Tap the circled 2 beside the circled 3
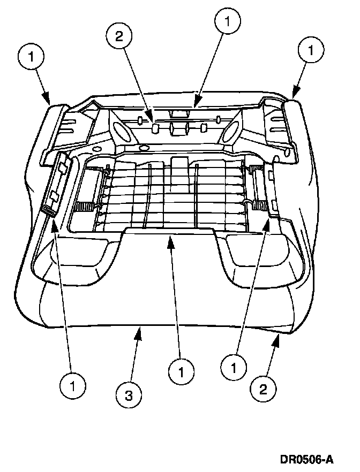coord(263,389)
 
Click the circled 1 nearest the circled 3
coord(181,370)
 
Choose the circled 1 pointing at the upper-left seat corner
coord(32,56)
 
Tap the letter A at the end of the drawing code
coord(330,459)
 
